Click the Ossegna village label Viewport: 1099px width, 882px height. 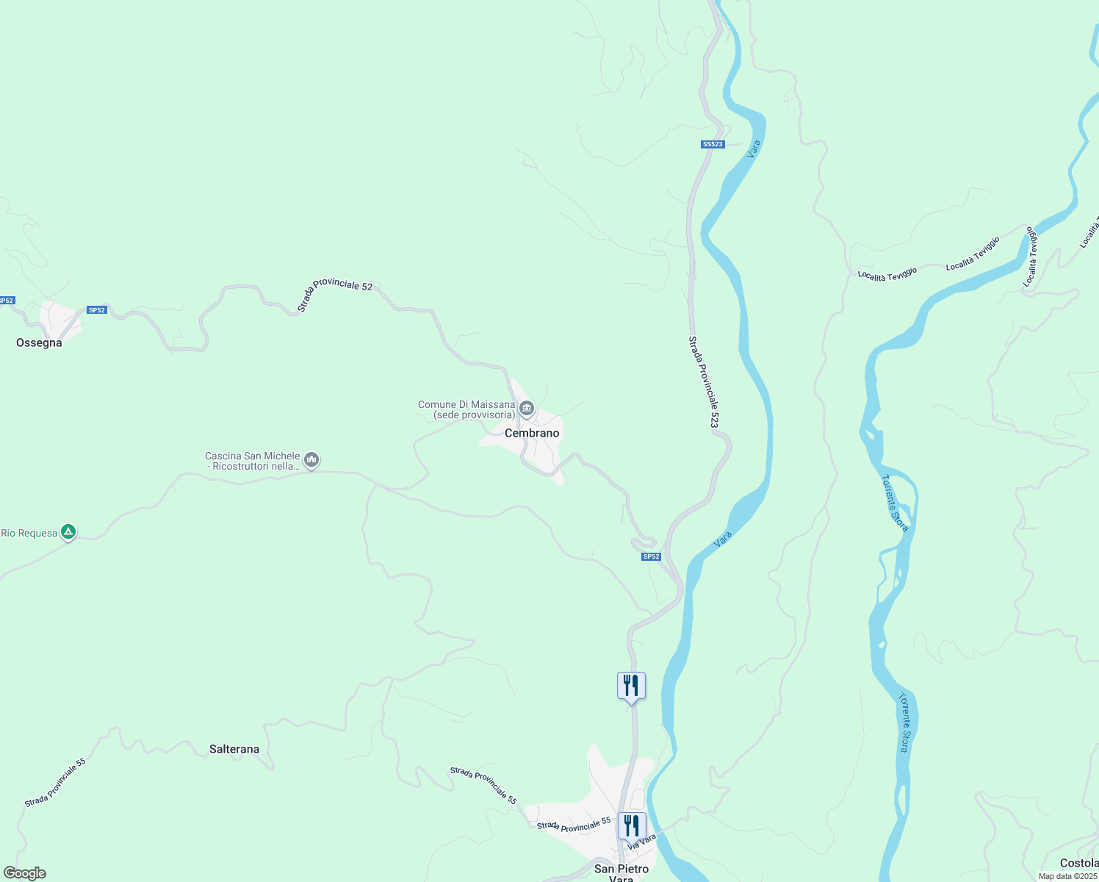pyautogui.click(x=39, y=343)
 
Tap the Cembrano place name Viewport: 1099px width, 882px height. pyautogui.click(x=532, y=433)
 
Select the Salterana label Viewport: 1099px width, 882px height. pyautogui.click(x=234, y=749)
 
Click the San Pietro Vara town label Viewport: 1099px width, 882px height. pyautogui.click(x=621, y=872)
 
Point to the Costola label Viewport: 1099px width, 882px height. pyautogui.click(x=1078, y=862)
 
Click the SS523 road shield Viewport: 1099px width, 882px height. pyautogui.click(x=713, y=144)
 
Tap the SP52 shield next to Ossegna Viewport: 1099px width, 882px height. pyautogui.click(x=97, y=310)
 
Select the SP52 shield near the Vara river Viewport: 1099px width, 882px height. pyautogui.click(x=651, y=556)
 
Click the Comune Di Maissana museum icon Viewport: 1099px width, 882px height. pyautogui.click(x=526, y=409)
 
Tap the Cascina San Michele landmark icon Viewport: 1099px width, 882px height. pyautogui.click(x=311, y=461)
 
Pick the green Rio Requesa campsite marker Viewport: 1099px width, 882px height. pyautogui.click(x=68, y=531)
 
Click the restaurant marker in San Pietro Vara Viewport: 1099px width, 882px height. pyautogui.click(x=631, y=825)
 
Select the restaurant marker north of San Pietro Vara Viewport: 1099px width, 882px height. pyautogui.click(x=631, y=686)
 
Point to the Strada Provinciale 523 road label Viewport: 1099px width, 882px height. pyautogui.click(x=703, y=382)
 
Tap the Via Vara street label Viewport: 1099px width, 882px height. pyautogui.click(x=641, y=842)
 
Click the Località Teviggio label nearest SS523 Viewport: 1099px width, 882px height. pyautogui.click(x=887, y=274)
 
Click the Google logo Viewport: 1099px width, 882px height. pyautogui.click(x=24, y=873)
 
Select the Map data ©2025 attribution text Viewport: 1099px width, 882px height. pyautogui.click(x=1067, y=876)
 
